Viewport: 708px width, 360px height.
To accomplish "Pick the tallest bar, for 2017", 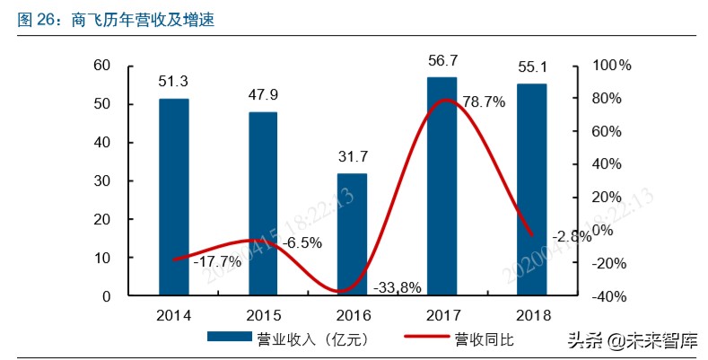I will pyautogui.click(x=441, y=186).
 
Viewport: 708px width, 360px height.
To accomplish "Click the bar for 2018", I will pyautogui.click(x=530, y=189).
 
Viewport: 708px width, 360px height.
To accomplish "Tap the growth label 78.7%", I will pyautogui.click(x=484, y=102).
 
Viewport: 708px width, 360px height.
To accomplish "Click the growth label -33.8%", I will pyautogui.click(x=396, y=287).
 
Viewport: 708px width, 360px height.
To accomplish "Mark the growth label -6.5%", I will pyautogui.click(x=302, y=242).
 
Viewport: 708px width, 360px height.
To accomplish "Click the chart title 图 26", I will pyautogui.click(x=36, y=19).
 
